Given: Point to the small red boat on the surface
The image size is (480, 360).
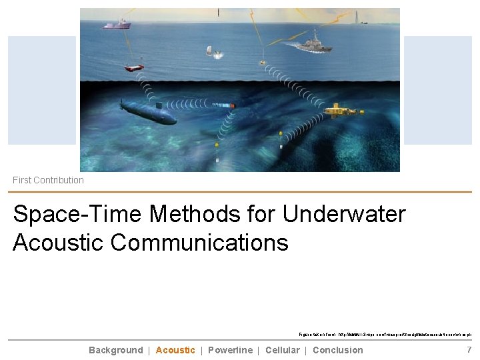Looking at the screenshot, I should (134, 67).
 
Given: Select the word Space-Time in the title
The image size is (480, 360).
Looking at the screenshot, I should (77, 214).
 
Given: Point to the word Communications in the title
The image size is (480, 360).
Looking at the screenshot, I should (199, 242).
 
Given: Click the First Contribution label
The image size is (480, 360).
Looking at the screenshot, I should (49, 180).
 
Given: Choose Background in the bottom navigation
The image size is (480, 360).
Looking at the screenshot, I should (115, 350).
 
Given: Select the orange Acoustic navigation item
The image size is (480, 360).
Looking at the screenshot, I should (175, 350).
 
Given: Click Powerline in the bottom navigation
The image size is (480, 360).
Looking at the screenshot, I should (230, 350).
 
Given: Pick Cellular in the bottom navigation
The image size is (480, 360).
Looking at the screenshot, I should (282, 350).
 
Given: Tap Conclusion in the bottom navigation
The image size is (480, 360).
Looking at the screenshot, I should (337, 350).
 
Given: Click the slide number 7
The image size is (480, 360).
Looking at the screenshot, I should (469, 350).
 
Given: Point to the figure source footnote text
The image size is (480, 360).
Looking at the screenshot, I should (385, 335).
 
